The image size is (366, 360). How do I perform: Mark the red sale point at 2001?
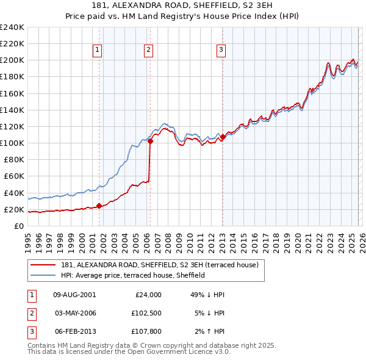99,206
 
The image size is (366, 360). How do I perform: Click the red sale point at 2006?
150,142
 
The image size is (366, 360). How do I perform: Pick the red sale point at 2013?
223,137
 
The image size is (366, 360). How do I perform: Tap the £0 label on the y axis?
18,226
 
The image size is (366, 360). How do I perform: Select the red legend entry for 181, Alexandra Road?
160,265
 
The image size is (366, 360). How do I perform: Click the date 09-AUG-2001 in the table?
74,294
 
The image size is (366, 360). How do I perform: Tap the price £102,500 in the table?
146,313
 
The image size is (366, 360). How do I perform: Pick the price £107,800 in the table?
146,332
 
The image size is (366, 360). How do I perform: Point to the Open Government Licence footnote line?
129,352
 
